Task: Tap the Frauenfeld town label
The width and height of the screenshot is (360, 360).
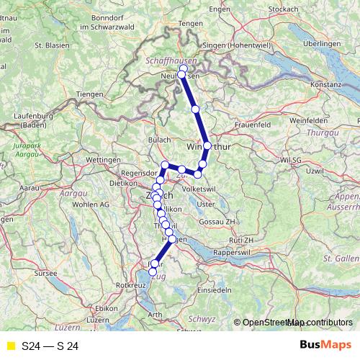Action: click(252, 125)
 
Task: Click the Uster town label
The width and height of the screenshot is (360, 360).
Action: click(207, 204)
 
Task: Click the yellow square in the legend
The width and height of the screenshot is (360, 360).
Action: click(10, 346)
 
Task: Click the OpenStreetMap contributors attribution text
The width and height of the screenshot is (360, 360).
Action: click(297, 323)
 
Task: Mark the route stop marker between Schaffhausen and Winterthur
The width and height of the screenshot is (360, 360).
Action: click(195, 109)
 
